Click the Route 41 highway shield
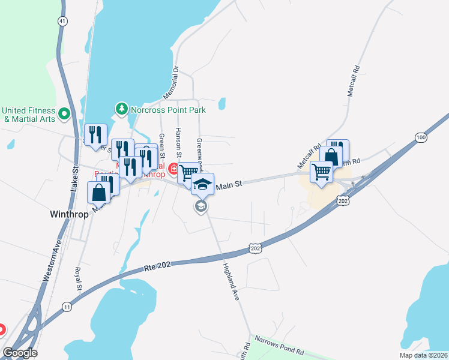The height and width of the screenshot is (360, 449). (x=62, y=20)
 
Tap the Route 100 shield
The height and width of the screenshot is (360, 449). (x=421, y=138)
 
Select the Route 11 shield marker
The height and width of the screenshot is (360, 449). (x=65, y=307)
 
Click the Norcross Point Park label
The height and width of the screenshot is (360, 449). (x=169, y=110)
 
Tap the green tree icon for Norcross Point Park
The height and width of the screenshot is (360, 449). (x=122, y=109)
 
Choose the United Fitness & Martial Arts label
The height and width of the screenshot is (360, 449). (x=28, y=114)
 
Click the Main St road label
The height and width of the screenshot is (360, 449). (x=228, y=186)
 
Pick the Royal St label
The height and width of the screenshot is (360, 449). (x=79, y=280)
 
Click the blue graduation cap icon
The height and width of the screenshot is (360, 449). (x=203, y=183)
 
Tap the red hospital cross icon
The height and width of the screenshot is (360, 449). (x=174, y=169)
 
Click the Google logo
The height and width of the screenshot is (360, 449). (x=20, y=353)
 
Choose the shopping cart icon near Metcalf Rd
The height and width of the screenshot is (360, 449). (x=321, y=172)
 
